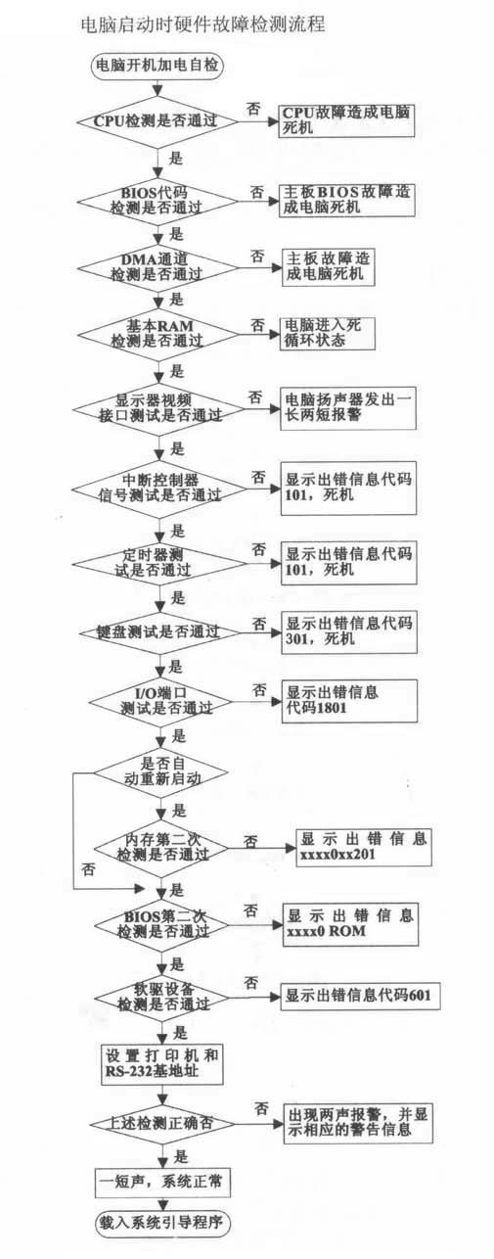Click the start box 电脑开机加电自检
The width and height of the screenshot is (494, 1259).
pos(157,67)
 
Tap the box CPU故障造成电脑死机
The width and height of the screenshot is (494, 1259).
pos(347,121)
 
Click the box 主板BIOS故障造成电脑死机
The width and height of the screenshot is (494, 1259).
pos(347,200)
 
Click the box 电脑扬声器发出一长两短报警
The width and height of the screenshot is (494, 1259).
pos(347,407)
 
